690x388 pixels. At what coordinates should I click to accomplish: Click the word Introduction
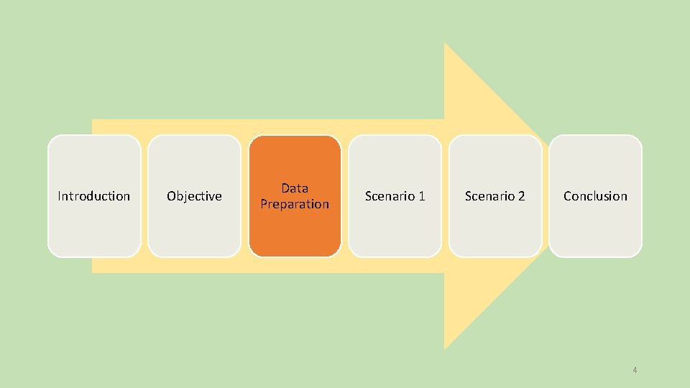(94, 196)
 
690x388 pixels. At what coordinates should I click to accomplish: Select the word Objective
(194, 196)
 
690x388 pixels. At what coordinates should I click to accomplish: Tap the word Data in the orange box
(295, 188)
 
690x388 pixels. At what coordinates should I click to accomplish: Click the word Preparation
(295, 204)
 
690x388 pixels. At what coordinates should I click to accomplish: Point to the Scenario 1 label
(395, 196)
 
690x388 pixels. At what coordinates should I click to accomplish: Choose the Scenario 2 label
(494, 196)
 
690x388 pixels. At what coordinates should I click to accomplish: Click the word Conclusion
(595, 196)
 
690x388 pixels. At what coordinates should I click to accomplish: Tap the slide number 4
(635, 370)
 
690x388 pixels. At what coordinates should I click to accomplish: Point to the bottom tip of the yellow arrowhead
(446, 347)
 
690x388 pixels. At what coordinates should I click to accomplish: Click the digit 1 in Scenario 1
(422, 196)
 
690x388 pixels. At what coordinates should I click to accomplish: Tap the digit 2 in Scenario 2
(522, 196)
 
